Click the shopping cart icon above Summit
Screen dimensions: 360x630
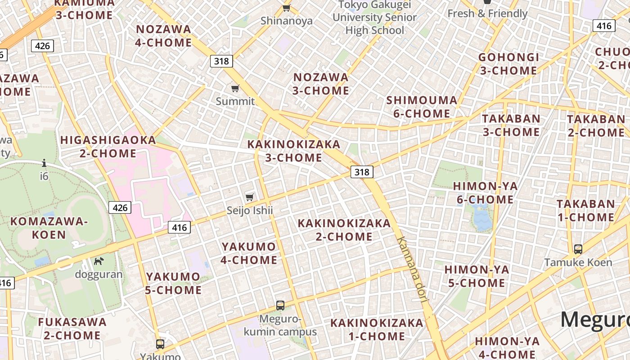click(235, 88)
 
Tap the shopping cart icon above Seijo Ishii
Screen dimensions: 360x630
click(250, 197)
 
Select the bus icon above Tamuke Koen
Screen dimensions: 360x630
click(578, 249)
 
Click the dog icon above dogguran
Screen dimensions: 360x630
click(99, 261)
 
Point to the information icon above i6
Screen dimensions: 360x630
click(44, 163)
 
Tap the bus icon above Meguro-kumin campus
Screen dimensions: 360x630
click(280, 306)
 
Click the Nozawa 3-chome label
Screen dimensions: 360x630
click(321, 84)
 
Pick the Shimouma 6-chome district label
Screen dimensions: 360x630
click(422, 107)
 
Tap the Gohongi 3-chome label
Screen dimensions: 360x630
click(508, 64)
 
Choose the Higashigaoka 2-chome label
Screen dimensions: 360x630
click(108, 147)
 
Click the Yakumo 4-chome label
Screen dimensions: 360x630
click(249, 253)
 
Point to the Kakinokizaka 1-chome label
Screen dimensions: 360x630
click(377, 329)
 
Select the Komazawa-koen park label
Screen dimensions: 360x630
click(49, 228)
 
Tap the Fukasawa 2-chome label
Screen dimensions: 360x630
click(72, 328)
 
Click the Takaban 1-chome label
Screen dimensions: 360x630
click(585, 210)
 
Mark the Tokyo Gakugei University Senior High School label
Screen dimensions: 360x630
click(375, 18)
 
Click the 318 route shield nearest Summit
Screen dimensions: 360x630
click(221, 61)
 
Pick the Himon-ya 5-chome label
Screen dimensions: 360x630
click(477, 276)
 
